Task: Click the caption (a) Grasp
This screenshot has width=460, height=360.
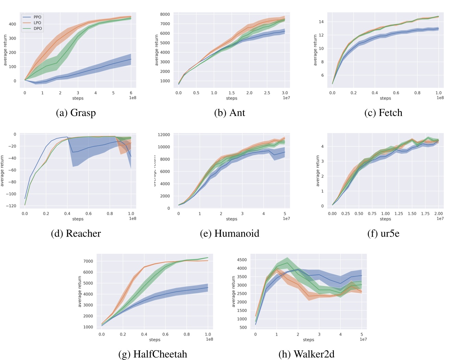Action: tap(76, 113)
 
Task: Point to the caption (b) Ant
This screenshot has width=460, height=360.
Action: tap(229, 113)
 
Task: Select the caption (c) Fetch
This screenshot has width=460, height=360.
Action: tap(383, 113)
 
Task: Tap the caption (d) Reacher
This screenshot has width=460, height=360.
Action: tap(76, 233)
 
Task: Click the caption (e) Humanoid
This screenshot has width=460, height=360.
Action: tap(229, 233)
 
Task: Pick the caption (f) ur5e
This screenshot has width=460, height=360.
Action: tap(383, 233)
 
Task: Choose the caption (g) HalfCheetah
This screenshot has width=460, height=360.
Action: tap(153, 354)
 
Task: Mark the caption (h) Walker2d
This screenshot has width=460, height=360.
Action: tap(306, 354)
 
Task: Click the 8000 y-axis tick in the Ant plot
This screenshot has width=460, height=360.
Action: tap(165, 14)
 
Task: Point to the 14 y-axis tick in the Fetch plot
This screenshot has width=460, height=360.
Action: tap(321, 22)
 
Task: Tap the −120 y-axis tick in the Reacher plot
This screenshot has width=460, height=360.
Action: tap(11, 206)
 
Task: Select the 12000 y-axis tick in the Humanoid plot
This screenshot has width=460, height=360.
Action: tap(164, 135)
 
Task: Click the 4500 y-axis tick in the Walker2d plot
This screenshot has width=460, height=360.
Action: tap(242, 260)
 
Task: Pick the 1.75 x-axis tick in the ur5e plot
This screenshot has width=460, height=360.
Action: tap(425, 214)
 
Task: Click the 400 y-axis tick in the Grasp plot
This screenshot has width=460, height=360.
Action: tap(12, 24)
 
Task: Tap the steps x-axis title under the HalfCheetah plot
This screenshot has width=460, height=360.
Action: tap(155, 340)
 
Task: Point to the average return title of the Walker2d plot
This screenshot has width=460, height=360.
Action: tap(233, 291)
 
